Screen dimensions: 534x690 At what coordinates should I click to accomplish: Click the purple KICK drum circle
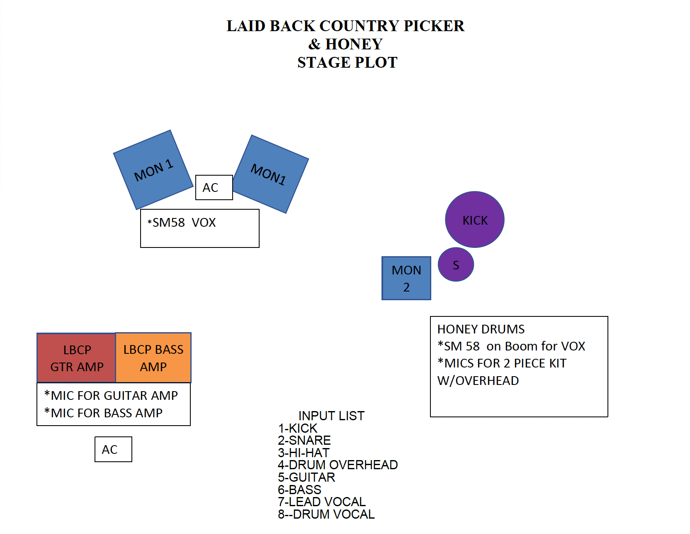[x=474, y=219]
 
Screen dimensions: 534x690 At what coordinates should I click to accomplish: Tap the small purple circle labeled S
[x=456, y=265]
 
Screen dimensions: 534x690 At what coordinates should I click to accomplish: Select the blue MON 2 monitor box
[x=406, y=278]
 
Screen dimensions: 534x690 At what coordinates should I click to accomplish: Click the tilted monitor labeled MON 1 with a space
[x=153, y=170]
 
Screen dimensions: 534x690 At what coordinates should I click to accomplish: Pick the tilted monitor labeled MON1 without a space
[x=270, y=174]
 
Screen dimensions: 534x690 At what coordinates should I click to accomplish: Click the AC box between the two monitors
[x=214, y=187]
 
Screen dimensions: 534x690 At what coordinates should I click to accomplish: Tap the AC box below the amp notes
[x=113, y=449]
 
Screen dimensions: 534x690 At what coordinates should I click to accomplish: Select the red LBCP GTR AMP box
[x=76, y=358]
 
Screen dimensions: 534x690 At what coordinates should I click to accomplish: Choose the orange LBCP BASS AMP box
[x=153, y=358]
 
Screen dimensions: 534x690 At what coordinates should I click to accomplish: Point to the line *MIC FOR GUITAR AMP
[x=111, y=395]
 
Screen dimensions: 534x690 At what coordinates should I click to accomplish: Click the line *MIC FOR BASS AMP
[x=103, y=413]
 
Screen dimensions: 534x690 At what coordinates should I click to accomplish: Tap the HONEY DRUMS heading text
[x=481, y=329]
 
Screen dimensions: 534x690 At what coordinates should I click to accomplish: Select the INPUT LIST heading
[x=331, y=416]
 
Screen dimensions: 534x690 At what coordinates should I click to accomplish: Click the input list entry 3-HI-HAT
[x=304, y=453]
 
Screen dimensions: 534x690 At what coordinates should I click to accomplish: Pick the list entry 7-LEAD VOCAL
[x=321, y=502]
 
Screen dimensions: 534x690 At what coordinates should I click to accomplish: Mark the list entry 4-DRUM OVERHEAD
[x=338, y=465]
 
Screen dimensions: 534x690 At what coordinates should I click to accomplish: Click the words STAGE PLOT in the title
[x=347, y=62]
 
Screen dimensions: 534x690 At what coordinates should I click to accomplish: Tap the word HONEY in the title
[x=354, y=44]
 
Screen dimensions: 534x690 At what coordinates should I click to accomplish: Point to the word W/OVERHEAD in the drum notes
[x=478, y=380]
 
